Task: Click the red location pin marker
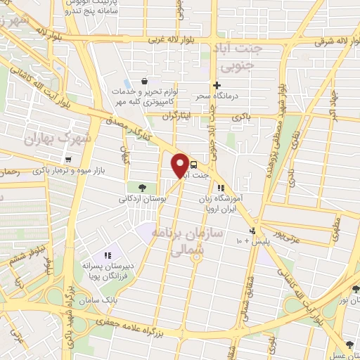pos(181,165)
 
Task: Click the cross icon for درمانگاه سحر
pos(217,84)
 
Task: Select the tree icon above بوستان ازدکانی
pos(142,187)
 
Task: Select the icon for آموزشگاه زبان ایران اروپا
pos(221,188)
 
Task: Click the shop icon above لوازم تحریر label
pos(144,82)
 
